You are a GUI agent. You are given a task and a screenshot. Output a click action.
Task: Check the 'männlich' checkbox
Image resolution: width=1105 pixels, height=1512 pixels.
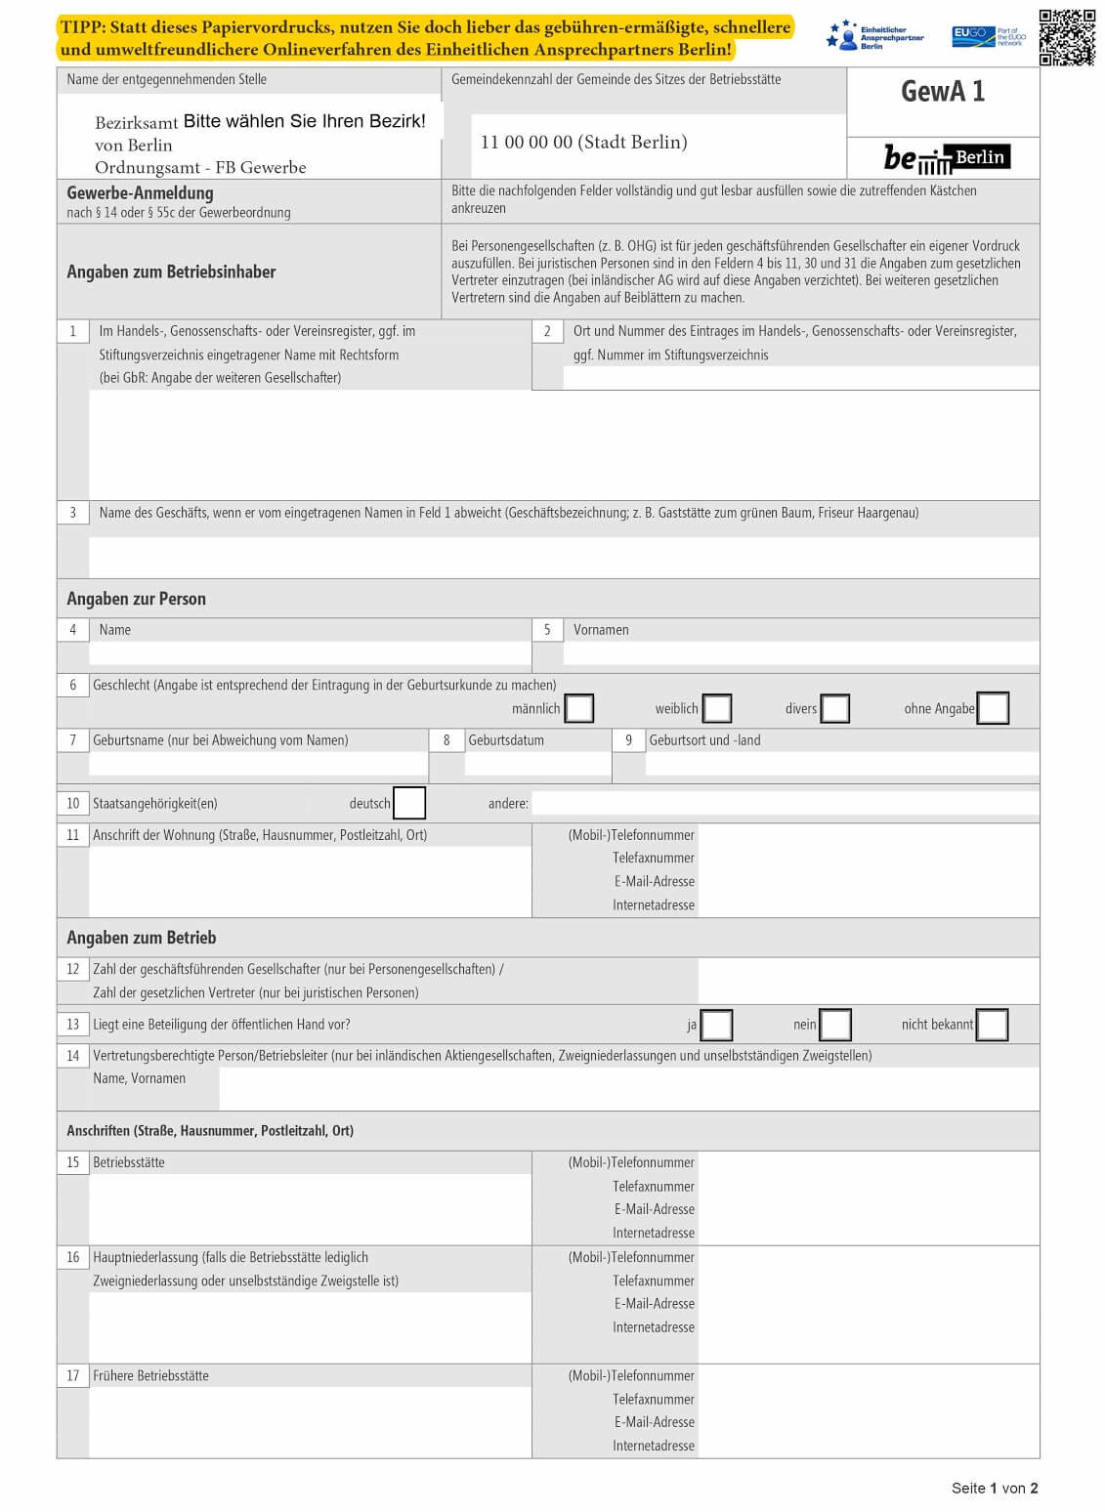click(x=579, y=708)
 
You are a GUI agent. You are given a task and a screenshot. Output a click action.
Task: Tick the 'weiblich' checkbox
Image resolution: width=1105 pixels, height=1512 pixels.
click(x=717, y=708)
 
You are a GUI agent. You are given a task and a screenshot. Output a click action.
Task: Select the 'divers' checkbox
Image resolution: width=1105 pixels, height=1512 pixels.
click(x=834, y=708)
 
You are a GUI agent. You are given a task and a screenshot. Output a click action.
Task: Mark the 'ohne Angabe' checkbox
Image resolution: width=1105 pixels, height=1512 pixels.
click(x=993, y=708)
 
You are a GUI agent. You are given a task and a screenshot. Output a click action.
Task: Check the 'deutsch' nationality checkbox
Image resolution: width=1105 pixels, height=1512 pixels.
click(x=409, y=803)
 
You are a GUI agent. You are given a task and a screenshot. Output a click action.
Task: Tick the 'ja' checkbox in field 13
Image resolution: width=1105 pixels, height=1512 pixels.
click(x=716, y=1025)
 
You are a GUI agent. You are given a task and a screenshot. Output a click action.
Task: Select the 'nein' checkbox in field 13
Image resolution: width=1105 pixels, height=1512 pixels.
click(x=835, y=1025)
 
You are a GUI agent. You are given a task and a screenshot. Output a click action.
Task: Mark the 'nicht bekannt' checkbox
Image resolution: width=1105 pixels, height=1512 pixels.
click(x=992, y=1025)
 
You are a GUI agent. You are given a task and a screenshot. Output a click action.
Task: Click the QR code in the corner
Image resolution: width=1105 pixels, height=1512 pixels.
click(x=1067, y=37)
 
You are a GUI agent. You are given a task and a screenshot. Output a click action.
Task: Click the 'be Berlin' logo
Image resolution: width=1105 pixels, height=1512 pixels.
click(x=946, y=158)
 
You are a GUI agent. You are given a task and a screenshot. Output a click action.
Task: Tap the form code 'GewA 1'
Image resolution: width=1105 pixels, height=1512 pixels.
click(x=943, y=92)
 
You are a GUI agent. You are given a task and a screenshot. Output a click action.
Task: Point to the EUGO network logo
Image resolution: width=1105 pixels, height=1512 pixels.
click(x=988, y=37)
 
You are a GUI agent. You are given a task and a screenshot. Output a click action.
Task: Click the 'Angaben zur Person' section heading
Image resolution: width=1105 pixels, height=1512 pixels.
click(x=136, y=599)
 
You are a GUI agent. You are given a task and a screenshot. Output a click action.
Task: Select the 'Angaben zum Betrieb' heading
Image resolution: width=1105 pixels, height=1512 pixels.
click(x=141, y=938)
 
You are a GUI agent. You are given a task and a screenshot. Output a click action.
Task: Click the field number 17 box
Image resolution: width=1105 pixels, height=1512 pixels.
click(x=73, y=1375)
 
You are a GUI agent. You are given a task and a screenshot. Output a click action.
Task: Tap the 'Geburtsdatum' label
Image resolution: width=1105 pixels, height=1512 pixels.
click(x=506, y=740)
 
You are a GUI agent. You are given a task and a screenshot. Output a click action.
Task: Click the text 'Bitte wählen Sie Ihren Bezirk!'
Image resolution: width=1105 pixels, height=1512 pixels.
click(x=304, y=121)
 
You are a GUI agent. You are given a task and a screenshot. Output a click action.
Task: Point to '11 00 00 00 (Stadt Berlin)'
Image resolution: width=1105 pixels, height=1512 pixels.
click(x=583, y=143)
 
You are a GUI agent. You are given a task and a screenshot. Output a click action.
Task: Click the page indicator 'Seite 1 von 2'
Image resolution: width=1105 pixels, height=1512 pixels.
click(x=994, y=1488)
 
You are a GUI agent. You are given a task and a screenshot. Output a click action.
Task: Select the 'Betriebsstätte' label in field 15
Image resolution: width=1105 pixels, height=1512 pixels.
click(x=129, y=1162)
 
